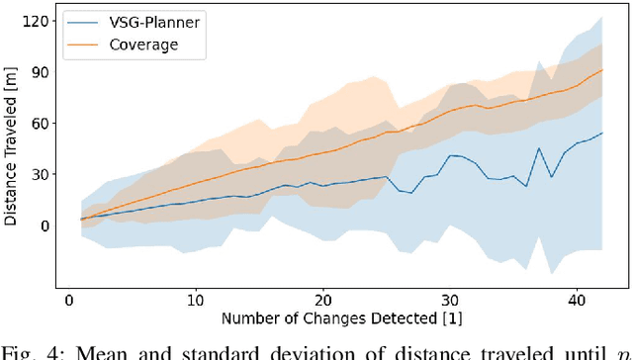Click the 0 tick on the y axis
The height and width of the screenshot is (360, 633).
coord(43,225)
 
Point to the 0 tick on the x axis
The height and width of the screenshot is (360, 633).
coord(68,300)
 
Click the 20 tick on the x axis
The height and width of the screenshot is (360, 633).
coord(322,300)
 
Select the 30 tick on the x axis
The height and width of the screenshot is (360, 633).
coord(450,300)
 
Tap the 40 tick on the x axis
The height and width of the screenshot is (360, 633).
coord(577,300)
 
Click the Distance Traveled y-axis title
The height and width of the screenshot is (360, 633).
coord(11,148)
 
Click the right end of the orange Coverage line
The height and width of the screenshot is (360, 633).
coord(602,70)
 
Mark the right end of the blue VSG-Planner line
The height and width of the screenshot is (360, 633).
coord(602,134)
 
